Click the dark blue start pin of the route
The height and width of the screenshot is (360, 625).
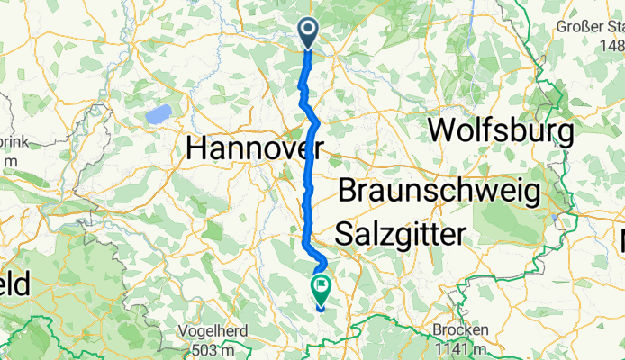pos(308,32)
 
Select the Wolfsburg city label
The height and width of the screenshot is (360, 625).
pos(500,131)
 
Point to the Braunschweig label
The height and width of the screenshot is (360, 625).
pos(439,192)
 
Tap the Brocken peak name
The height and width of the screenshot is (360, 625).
pos(460,330)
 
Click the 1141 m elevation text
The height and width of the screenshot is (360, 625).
pos(460,347)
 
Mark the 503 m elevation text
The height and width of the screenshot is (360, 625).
pos(216,347)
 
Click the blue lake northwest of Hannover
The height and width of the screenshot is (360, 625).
pos(159,114)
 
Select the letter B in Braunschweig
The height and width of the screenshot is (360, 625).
pos(349,192)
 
